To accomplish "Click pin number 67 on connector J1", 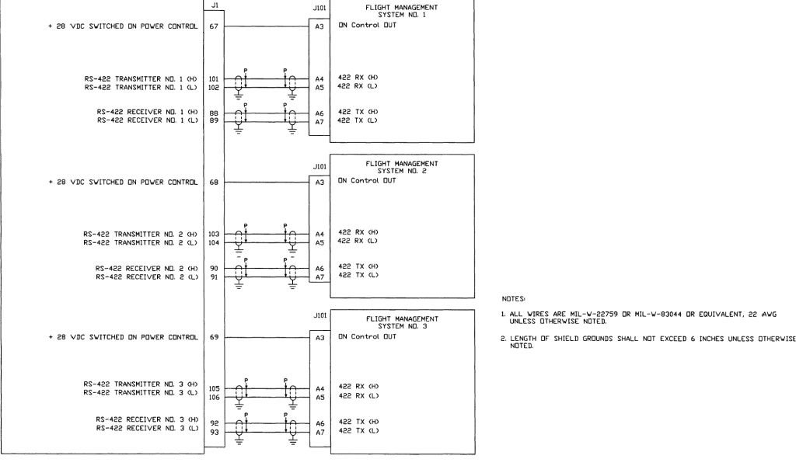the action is (x=214, y=28).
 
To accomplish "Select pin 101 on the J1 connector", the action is (x=215, y=78).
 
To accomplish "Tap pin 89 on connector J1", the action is (x=214, y=121).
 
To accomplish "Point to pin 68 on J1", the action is (x=214, y=183).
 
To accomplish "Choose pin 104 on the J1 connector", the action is (x=215, y=242).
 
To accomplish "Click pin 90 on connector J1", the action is (x=214, y=269).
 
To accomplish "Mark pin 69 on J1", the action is (x=214, y=338).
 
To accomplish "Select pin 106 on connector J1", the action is (x=215, y=397).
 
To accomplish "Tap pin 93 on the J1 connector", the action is (x=214, y=432).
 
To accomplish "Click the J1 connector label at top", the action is (x=214, y=5).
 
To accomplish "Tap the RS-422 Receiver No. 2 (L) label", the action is (x=148, y=276).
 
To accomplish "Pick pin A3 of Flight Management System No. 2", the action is (x=319, y=183).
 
